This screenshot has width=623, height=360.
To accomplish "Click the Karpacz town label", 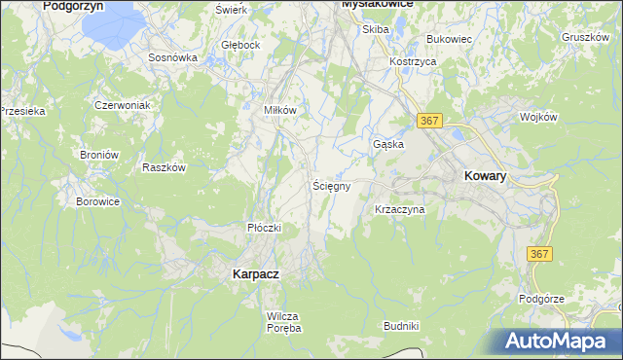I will (256, 274).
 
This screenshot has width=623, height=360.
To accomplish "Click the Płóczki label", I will (264, 228).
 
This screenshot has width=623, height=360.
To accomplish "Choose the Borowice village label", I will (97, 202).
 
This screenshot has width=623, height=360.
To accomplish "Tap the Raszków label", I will (164, 167).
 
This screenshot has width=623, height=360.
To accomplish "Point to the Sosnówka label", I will (173, 57).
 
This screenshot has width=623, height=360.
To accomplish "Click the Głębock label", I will (240, 45).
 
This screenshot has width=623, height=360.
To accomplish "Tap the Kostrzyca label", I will (412, 60).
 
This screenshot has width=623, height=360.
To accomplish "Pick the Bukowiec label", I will (449, 39).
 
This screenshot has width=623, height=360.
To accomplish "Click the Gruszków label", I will (586, 38).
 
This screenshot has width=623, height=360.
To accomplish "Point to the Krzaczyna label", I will (399, 209).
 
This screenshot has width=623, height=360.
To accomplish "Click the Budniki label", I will (401, 326).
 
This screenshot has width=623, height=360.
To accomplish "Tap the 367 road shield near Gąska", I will (431, 120).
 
